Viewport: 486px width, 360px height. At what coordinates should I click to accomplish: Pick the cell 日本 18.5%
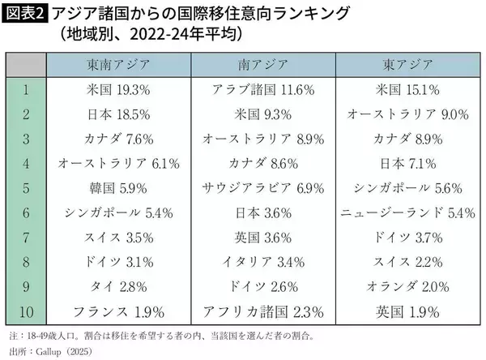118,114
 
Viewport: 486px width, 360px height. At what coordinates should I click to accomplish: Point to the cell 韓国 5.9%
118,188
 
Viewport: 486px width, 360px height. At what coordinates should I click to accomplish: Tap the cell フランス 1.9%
118,311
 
